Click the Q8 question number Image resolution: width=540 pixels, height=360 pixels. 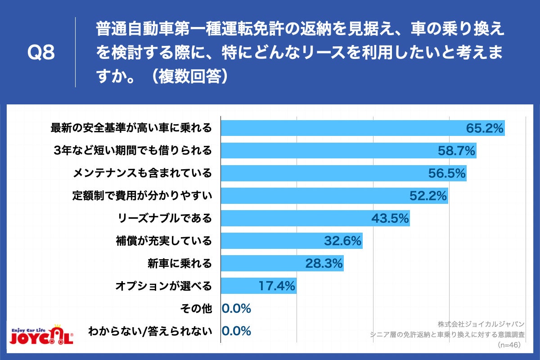coord(41,53)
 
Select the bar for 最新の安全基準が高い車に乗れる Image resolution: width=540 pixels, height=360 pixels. coord(342,128)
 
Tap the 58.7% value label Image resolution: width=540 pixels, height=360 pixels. coord(457,151)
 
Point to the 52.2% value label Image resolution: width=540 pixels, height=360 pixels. coord(428,196)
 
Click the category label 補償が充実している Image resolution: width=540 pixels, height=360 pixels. coord(164,241)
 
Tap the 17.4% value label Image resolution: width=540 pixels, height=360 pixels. coord(276,286)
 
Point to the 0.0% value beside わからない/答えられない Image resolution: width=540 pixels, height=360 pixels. coord(236,331)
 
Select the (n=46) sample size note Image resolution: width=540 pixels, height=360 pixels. coord(509,345)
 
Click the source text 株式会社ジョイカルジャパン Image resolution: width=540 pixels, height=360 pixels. coord(481,324)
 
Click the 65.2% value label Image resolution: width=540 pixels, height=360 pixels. coord(484,128)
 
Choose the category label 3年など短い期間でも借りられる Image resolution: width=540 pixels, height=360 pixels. coord(133,151)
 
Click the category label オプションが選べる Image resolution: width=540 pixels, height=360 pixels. coord(163,286)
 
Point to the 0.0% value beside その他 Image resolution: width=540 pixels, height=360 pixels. coord(236,309)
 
